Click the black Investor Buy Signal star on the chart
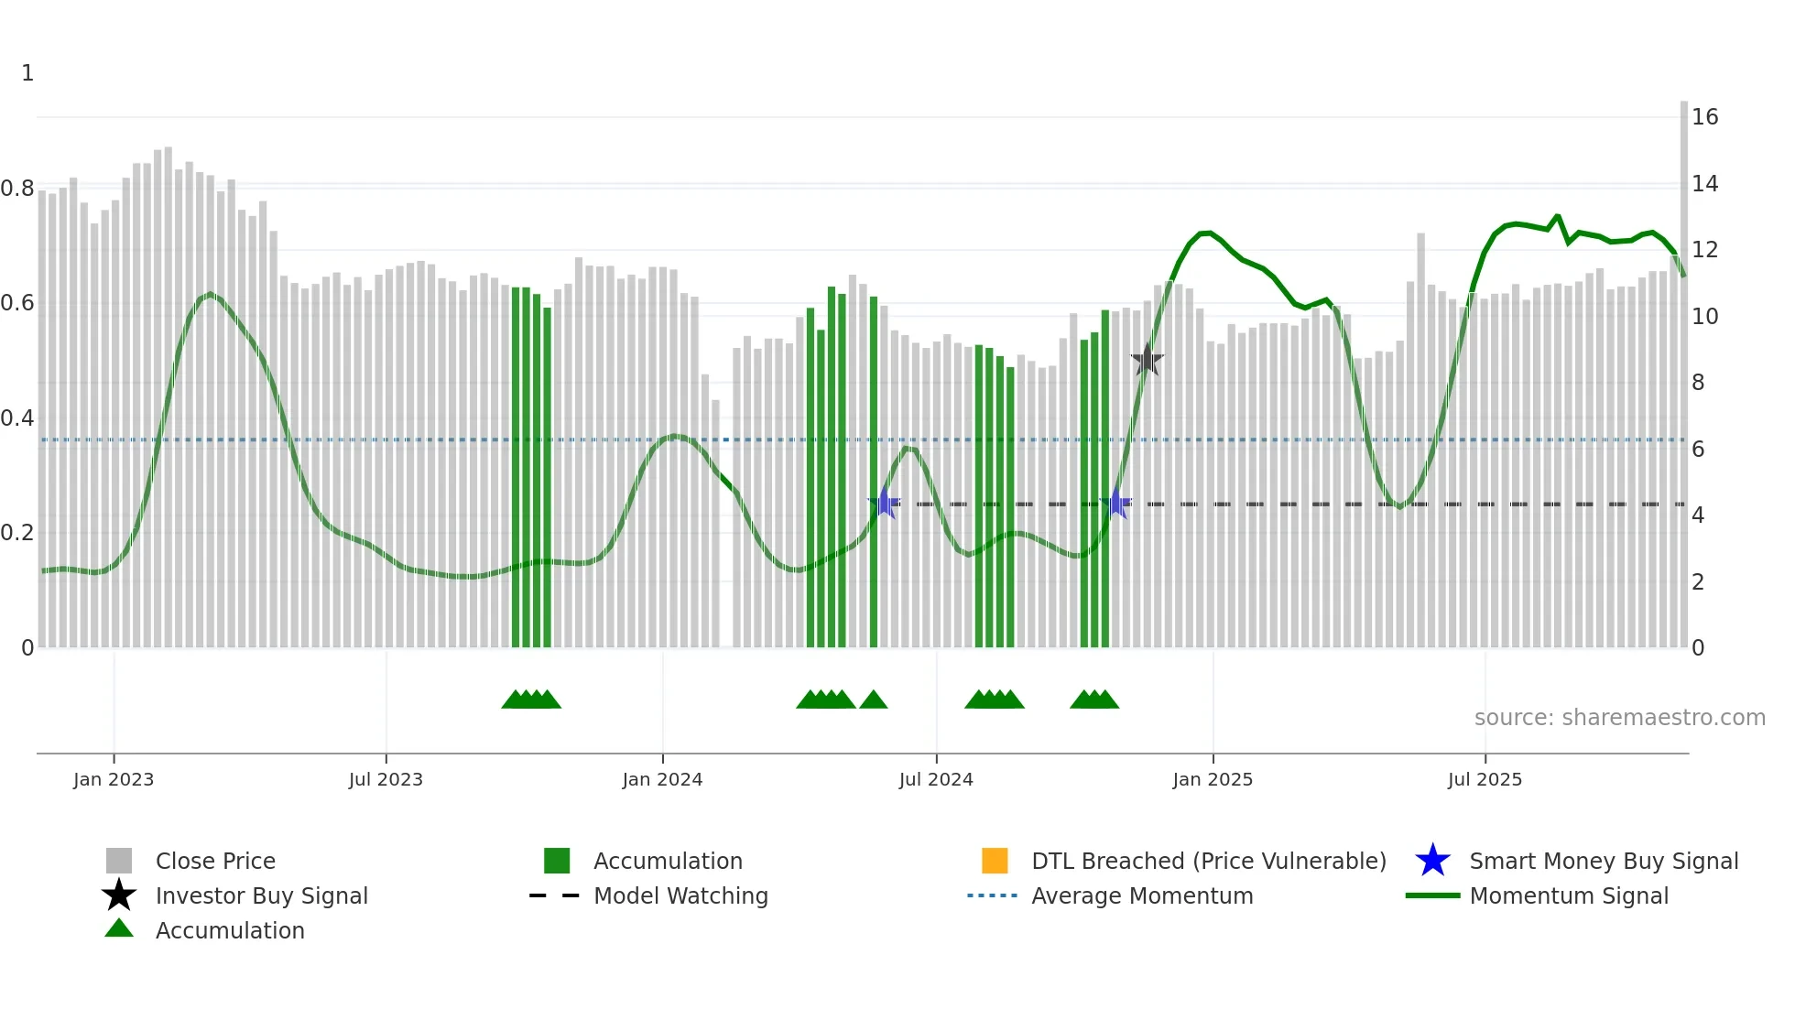point(1147,360)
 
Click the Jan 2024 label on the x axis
point(662,779)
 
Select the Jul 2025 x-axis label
point(1485,779)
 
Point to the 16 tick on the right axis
point(1704,117)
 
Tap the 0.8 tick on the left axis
point(17,189)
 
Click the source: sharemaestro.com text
point(1619,718)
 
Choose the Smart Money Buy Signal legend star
point(1432,861)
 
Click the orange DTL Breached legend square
point(995,861)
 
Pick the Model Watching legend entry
point(680,895)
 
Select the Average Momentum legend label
point(1142,895)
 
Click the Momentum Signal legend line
point(1432,895)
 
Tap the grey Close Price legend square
point(119,861)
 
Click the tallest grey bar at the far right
point(1683,366)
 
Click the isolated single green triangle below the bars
point(873,700)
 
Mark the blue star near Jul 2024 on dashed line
point(885,504)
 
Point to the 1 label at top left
point(27,73)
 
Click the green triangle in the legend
point(119,928)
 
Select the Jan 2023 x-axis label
point(114,779)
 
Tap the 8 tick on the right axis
point(1698,383)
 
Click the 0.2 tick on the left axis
point(17,533)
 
